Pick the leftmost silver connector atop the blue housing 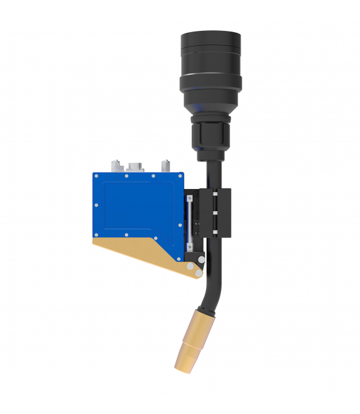(x=114, y=166)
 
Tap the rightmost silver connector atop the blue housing (x=165, y=166)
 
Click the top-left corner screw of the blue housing (x=96, y=177)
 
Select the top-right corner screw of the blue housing (x=180, y=177)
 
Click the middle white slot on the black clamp (x=215, y=213)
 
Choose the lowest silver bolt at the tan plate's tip (x=197, y=272)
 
